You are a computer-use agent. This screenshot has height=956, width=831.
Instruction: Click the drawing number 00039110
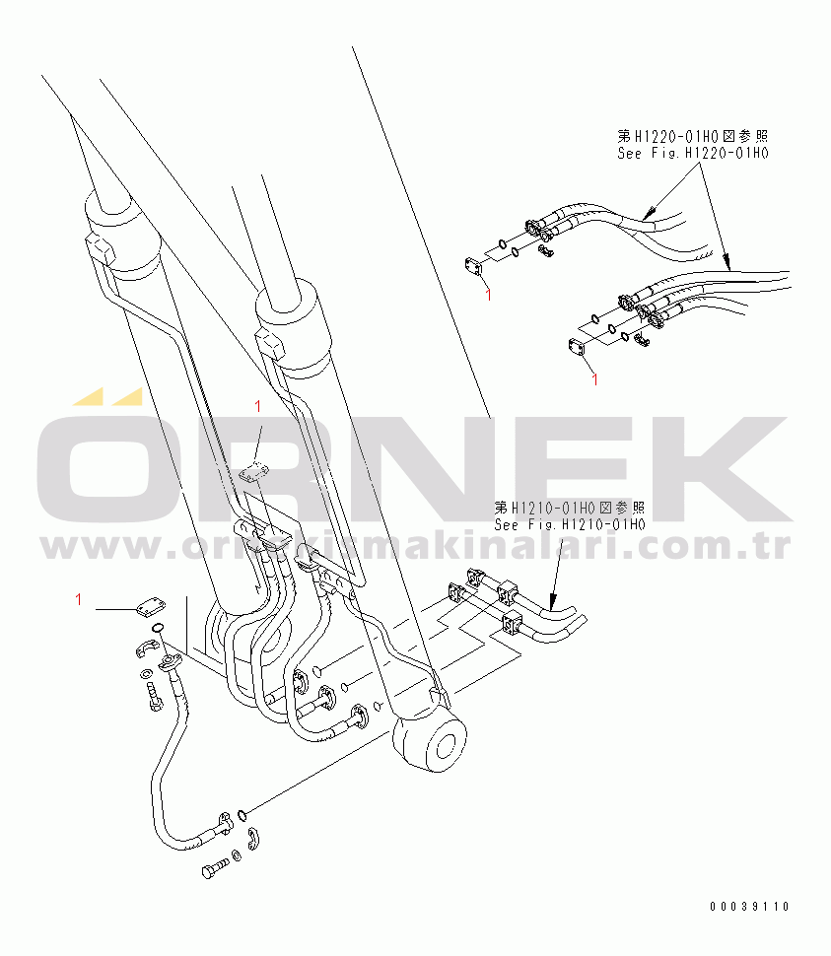(x=747, y=907)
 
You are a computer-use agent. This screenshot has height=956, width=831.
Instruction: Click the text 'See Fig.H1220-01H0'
(x=692, y=153)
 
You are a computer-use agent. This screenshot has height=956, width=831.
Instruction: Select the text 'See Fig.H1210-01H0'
(x=570, y=525)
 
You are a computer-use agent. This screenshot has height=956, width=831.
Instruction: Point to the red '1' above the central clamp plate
(x=257, y=406)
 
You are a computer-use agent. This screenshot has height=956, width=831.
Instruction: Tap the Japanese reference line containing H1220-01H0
(x=692, y=135)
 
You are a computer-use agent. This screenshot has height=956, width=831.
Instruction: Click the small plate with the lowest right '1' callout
(x=577, y=348)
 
